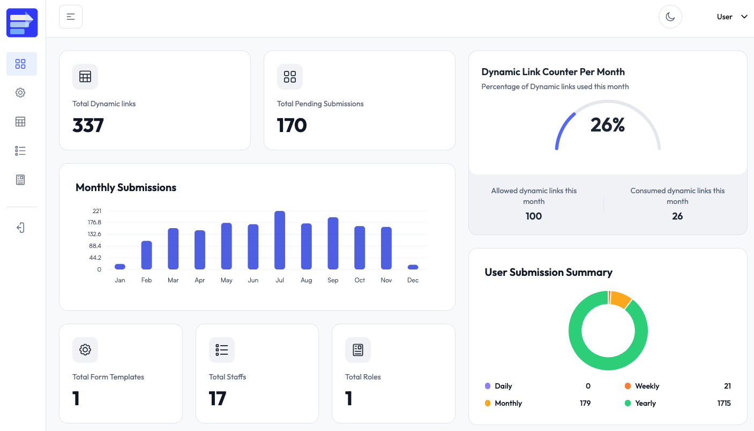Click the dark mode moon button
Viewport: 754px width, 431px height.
point(670,17)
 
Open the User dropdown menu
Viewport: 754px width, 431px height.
point(731,17)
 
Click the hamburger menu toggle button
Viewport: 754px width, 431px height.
point(71,17)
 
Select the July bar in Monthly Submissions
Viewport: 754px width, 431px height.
point(280,240)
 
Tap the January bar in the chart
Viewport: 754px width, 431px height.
point(120,266)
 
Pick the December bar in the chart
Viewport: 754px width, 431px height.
point(413,267)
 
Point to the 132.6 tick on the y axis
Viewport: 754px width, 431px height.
point(94,234)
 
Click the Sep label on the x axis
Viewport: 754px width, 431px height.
point(333,280)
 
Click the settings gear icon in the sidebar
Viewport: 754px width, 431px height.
point(20,93)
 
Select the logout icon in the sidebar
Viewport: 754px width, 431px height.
point(20,228)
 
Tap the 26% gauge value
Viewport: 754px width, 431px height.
point(608,125)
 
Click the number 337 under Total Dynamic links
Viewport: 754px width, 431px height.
point(88,126)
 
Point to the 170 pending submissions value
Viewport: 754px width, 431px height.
point(292,126)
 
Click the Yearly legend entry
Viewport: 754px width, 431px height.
point(645,403)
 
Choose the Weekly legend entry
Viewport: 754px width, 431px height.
point(647,386)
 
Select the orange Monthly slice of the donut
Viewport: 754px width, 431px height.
point(621,299)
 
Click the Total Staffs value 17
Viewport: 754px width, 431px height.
point(218,398)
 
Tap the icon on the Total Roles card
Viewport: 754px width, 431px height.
point(358,350)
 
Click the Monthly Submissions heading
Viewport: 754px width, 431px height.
point(126,187)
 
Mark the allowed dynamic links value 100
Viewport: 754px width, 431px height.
point(534,216)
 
